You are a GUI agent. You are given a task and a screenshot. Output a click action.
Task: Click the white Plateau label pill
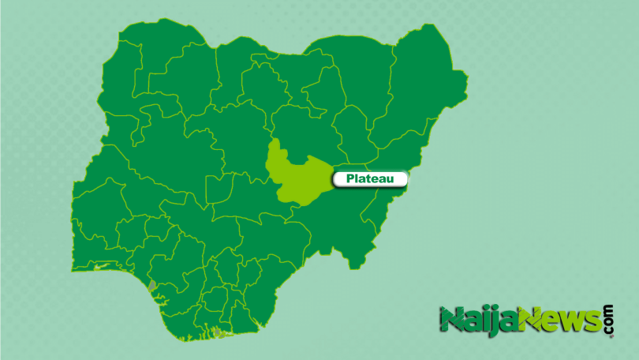click(369, 179)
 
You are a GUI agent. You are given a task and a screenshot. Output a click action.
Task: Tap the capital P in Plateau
click(349, 179)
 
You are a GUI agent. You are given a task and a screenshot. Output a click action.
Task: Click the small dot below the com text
click(609, 335)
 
